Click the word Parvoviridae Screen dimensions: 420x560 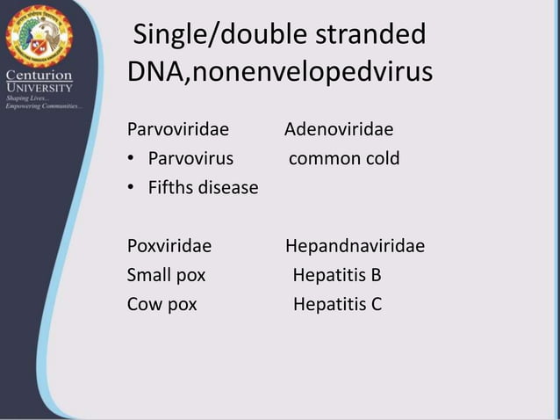pyautogui.click(x=178, y=131)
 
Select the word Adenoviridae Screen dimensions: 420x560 pyautogui.click(x=339, y=131)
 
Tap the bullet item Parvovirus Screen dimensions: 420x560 pyautogui.click(x=190, y=159)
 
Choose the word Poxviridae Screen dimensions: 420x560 pyautogui.click(x=169, y=246)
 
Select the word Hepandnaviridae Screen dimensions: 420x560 pyautogui.click(x=355, y=246)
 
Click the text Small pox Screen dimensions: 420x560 pyautogui.click(x=167, y=275)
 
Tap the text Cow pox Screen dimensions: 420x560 pyautogui.click(x=162, y=304)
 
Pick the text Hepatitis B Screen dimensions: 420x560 pyautogui.click(x=337, y=275)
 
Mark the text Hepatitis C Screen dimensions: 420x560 pyautogui.click(x=337, y=304)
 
